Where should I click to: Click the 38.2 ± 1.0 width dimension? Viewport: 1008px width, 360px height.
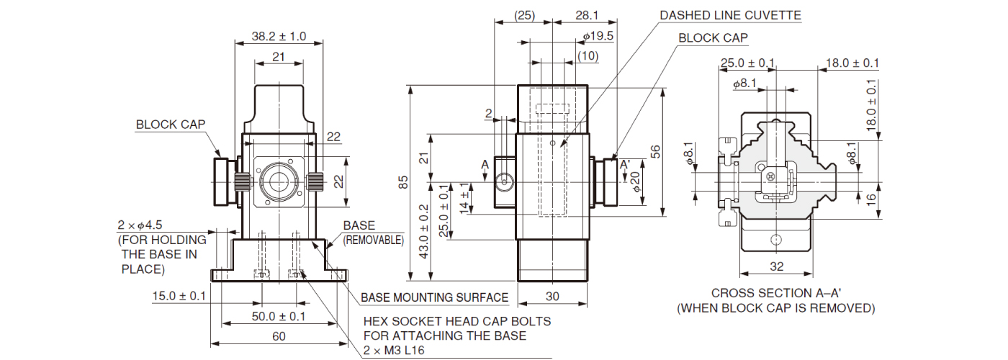click(x=279, y=36)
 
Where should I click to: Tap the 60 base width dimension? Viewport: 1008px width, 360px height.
click(x=279, y=336)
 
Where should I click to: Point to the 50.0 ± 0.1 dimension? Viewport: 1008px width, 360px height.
click(x=279, y=317)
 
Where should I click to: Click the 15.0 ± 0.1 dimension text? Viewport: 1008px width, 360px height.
click(x=179, y=296)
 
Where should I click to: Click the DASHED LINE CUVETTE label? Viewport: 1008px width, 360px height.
click(x=731, y=15)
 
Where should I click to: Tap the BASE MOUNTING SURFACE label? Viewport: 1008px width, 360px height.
click(x=434, y=297)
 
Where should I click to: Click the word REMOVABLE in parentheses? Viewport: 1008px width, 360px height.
click(x=373, y=240)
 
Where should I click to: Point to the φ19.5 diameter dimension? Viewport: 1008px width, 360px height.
click(x=598, y=36)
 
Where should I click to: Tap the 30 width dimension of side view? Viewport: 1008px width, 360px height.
click(x=552, y=296)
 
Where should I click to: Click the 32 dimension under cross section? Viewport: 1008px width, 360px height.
click(x=776, y=266)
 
